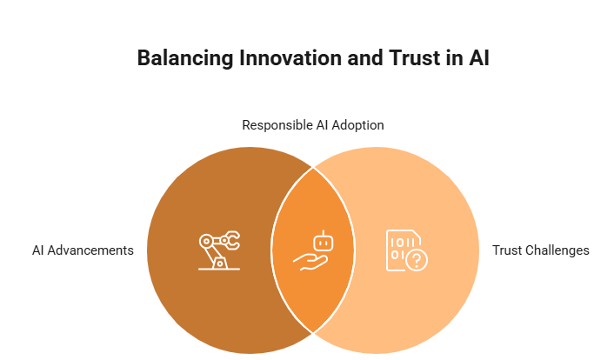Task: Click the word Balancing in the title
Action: (x=185, y=59)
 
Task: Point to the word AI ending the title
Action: (x=478, y=58)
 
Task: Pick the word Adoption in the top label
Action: (x=358, y=125)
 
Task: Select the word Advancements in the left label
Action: (x=90, y=250)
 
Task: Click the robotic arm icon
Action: (x=219, y=250)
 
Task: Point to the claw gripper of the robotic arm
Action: (x=231, y=240)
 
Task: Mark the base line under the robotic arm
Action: (x=219, y=269)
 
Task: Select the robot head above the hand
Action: (x=324, y=243)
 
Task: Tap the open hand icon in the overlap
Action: (x=310, y=262)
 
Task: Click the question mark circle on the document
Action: (x=417, y=259)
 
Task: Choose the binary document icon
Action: (x=406, y=250)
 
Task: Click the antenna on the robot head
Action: (x=324, y=233)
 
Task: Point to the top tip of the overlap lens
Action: (x=313, y=167)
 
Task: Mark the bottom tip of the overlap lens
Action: (x=313, y=333)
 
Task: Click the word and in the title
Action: (x=365, y=58)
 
